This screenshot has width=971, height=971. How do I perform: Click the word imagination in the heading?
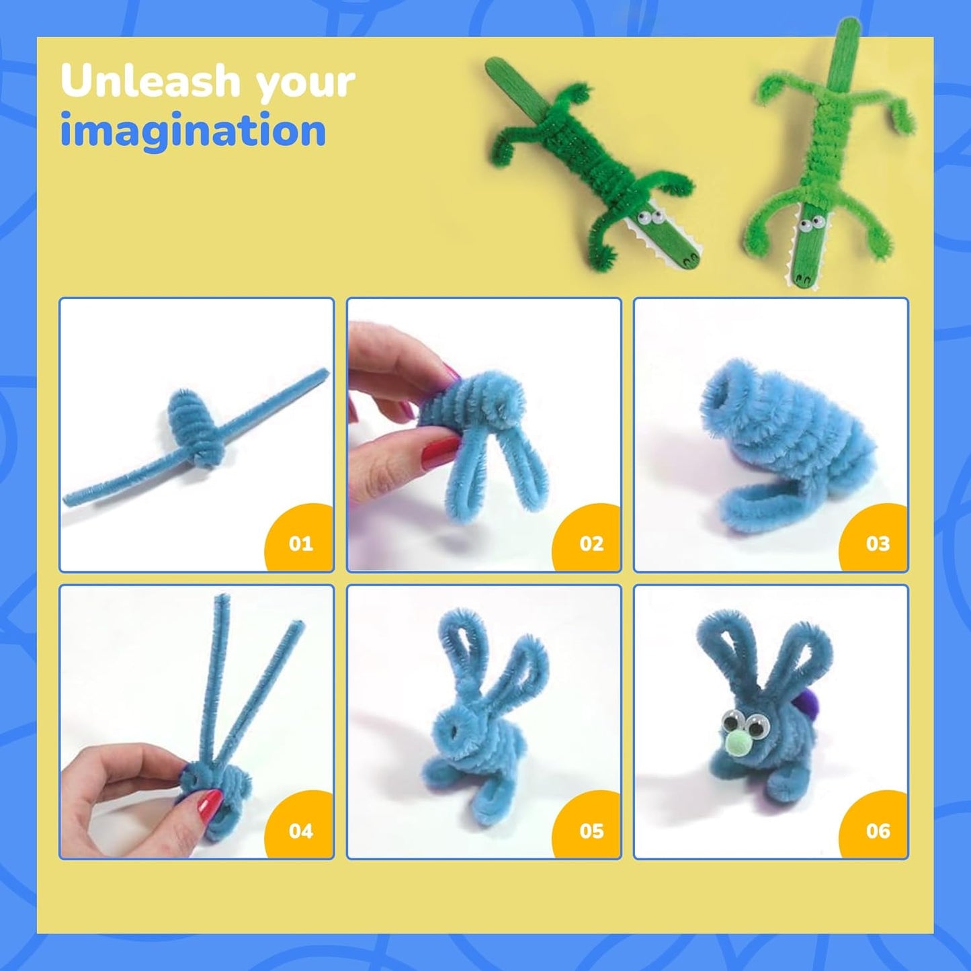click(x=193, y=131)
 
